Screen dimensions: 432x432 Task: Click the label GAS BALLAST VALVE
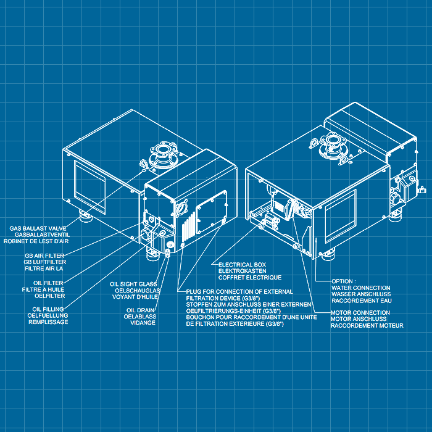(38, 228)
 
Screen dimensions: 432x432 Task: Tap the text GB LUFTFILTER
(45, 262)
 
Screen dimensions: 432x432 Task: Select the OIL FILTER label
(48, 283)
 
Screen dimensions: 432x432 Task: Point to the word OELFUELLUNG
(48, 315)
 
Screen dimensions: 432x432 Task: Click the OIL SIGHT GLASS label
(133, 284)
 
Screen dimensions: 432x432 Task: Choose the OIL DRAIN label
(141, 310)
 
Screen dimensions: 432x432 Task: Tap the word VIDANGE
(143, 323)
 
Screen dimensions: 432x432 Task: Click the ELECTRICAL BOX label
(243, 265)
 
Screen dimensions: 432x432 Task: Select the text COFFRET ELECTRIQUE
(250, 278)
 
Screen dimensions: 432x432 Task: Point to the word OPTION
(342, 281)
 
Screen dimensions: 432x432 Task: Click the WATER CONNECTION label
(361, 288)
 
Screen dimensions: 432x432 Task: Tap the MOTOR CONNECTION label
(360, 313)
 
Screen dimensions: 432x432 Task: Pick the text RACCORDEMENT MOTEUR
(367, 326)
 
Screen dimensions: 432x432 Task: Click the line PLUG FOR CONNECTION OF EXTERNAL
(239, 291)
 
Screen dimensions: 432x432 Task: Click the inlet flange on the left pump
(163, 155)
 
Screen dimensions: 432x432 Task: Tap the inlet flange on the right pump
(332, 146)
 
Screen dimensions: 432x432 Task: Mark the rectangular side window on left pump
(90, 187)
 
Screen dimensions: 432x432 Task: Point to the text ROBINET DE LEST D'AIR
(36, 241)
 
